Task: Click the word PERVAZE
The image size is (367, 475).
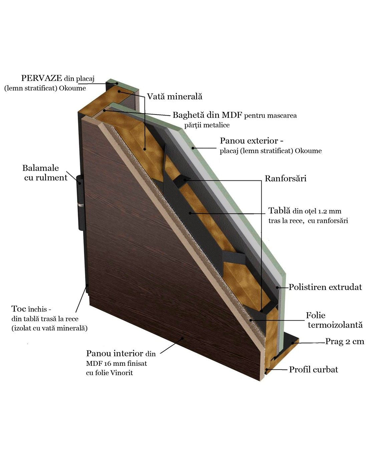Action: [41, 78]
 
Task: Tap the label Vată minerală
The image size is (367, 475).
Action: [174, 97]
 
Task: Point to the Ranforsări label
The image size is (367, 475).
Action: [286, 179]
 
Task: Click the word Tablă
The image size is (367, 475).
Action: [279, 210]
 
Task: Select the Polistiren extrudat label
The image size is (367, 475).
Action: [325, 287]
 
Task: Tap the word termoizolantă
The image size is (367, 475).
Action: [335, 325]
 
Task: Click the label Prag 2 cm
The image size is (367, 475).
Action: [345, 341]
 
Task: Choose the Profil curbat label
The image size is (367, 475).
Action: [314, 370]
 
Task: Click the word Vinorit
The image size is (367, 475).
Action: [121, 373]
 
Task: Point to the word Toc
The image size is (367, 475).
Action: [19, 309]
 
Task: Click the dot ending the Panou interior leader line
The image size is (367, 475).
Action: [182, 338]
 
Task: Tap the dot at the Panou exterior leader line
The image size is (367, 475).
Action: [193, 148]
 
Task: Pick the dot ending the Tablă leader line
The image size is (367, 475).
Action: [191, 213]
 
